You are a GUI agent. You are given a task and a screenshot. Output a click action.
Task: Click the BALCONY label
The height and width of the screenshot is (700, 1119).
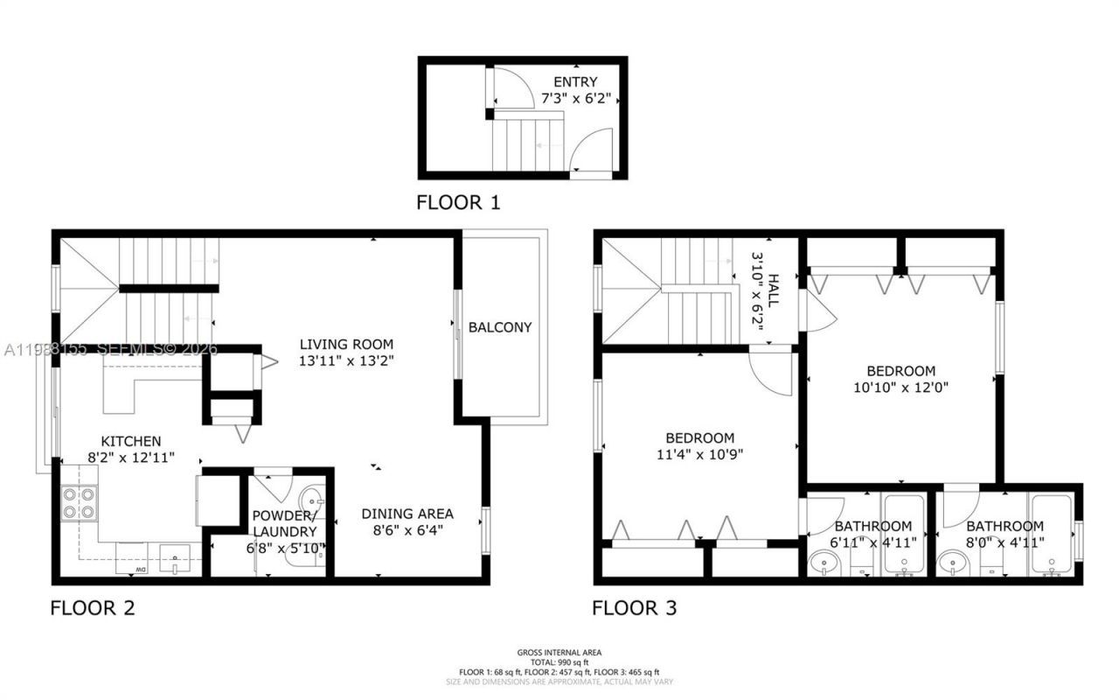point(499,327)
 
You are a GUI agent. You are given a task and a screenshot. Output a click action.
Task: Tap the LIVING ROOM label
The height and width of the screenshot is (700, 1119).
point(346,344)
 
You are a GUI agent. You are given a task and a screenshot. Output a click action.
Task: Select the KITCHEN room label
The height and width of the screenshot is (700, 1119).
point(130,441)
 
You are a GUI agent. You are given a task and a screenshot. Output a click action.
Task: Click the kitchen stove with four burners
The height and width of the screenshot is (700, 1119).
point(80,503)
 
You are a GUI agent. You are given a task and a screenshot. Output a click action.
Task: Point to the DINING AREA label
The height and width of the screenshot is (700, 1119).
point(408,514)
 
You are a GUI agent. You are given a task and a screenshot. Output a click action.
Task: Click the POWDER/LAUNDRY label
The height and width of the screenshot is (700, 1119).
point(284,523)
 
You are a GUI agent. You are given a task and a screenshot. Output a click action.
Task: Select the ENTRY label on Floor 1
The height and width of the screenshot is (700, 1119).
point(575,82)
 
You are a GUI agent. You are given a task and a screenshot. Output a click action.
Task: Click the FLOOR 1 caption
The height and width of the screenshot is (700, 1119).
point(458,203)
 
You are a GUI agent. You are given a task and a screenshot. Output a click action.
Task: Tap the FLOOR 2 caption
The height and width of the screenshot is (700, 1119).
point(93,607)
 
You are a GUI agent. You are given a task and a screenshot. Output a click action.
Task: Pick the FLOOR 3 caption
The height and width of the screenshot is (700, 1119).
point(634,607)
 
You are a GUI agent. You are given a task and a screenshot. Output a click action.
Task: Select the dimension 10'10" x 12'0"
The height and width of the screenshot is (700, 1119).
point(900,386)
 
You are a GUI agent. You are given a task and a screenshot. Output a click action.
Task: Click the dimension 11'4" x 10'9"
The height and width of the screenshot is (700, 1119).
point(699,453)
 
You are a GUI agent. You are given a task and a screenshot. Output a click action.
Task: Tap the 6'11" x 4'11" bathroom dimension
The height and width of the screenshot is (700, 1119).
point(873,542)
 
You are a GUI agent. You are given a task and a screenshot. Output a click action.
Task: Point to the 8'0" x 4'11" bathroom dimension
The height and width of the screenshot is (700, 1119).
point(1004,542)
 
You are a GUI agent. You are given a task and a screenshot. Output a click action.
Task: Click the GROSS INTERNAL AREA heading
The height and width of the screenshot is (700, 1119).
point(559,652)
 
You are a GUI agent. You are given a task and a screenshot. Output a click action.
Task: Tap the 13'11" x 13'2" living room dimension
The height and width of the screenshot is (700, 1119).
point(346,360)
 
